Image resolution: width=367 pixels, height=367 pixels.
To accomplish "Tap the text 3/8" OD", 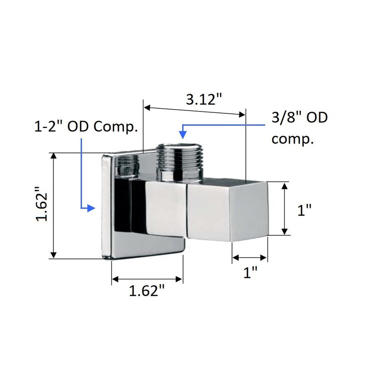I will pyautogui.click(x=299, y=118).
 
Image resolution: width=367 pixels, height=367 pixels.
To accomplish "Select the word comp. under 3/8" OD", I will pyautogui.click(x=293, y=139).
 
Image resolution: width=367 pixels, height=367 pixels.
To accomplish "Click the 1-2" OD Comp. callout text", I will pyautogui.click(x=86, y=127).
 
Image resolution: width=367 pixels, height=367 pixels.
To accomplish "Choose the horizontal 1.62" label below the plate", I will pyautogui.click(x=146, y=291).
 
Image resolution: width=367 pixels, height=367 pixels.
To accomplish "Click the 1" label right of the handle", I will pyautogui.click(x=304, y=210).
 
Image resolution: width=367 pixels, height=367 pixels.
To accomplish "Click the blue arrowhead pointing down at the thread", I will pyautogui.click(x=183, y=134).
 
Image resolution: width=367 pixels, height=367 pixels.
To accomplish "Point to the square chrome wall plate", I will pyautogui.click(x=106, y=206).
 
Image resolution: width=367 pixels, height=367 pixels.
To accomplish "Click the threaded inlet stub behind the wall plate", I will pyautogui.click(x=126, y=165).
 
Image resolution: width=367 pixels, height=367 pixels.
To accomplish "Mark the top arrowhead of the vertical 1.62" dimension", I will pyautogui.click(x=55, y=156).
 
